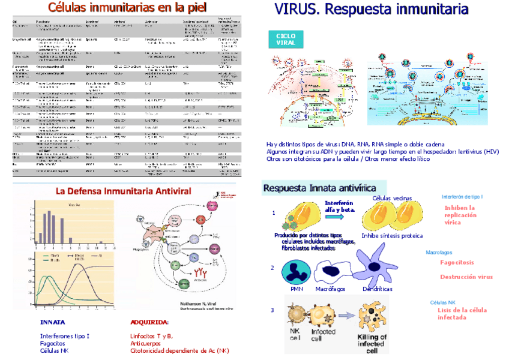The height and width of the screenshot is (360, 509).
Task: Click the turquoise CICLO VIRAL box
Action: tap(286, 39)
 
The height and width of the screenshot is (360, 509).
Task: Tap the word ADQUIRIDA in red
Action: tap(149, 322)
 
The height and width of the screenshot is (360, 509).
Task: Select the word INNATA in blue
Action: tap(53, 322)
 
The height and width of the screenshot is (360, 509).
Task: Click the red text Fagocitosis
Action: tap(457, 263)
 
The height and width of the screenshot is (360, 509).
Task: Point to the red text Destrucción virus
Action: tap(466, 277)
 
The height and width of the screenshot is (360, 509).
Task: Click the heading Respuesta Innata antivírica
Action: tap(324, 188)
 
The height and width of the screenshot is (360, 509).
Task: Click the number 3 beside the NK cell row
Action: tap(273, 310)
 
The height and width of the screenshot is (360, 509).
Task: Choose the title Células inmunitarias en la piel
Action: tap(127, 8)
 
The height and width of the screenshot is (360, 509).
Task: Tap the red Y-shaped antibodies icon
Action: tap(202, 278)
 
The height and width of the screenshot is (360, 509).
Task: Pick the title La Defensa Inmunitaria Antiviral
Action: tap(123, 191)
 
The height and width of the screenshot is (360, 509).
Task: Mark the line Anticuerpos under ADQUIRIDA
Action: tap(145, 343)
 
